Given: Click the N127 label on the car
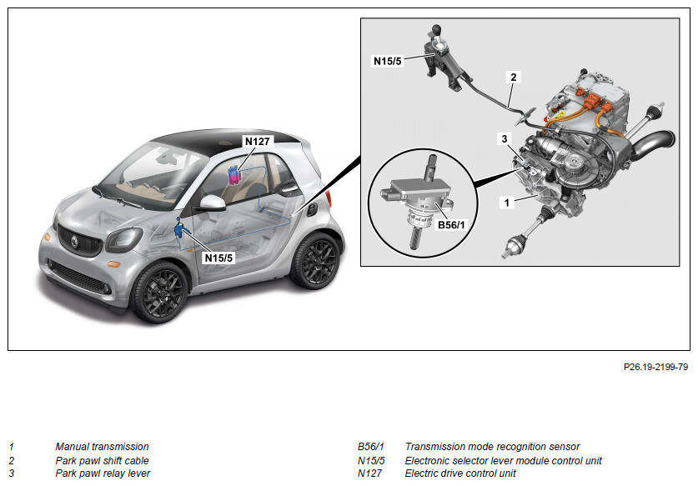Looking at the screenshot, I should (x=256, y=142).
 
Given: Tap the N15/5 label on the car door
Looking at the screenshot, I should (x=219, y=258).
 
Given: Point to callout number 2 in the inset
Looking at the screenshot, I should (x=514, y=78).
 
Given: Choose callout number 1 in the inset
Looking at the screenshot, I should (x=504, y=201).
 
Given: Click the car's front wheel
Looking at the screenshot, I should (x=158, y=292).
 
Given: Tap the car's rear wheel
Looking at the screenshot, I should (x=315, y=259).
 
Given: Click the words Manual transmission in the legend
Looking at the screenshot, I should (x=102, y=447).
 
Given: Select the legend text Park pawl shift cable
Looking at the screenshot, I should (x=102, y=460).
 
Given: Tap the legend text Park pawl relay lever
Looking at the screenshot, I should (x=103, y=473).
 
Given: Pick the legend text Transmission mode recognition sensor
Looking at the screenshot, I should (x=492, y=447).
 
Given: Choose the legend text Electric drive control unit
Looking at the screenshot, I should (x=460, y=473).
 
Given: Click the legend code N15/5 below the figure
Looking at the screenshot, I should (x=371, y=460).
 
